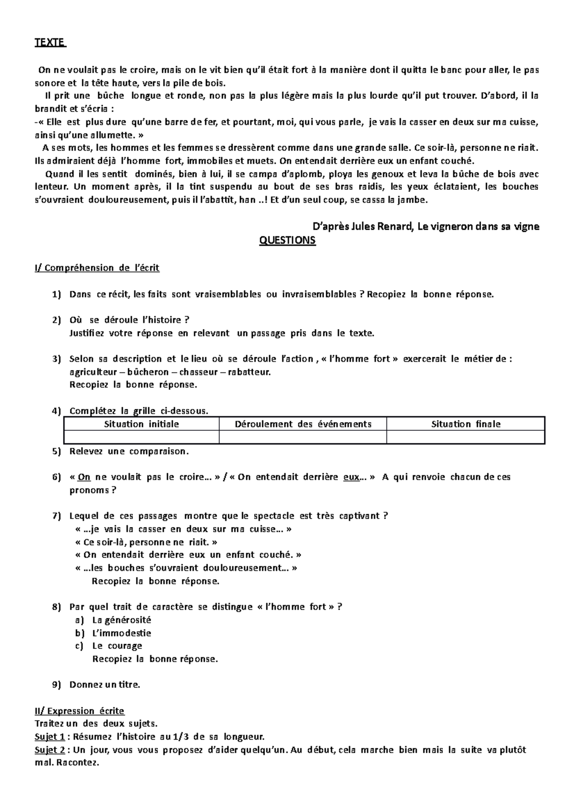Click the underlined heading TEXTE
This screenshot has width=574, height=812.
50,43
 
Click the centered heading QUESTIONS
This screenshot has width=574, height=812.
287,241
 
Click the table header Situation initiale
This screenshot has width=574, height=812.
142,424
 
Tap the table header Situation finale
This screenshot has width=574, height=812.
465,424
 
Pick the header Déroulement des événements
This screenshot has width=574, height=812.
303,424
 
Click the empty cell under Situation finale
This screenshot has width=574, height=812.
465,437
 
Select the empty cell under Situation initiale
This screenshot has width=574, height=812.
142,437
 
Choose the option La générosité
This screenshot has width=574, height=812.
121,620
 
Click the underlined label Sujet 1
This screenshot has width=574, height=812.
49,736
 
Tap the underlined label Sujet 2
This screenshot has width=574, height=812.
49,750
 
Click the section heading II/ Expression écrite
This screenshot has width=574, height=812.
79,711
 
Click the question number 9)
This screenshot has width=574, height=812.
57,685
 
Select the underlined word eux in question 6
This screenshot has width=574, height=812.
352,477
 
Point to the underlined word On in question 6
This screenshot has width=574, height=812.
84,477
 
